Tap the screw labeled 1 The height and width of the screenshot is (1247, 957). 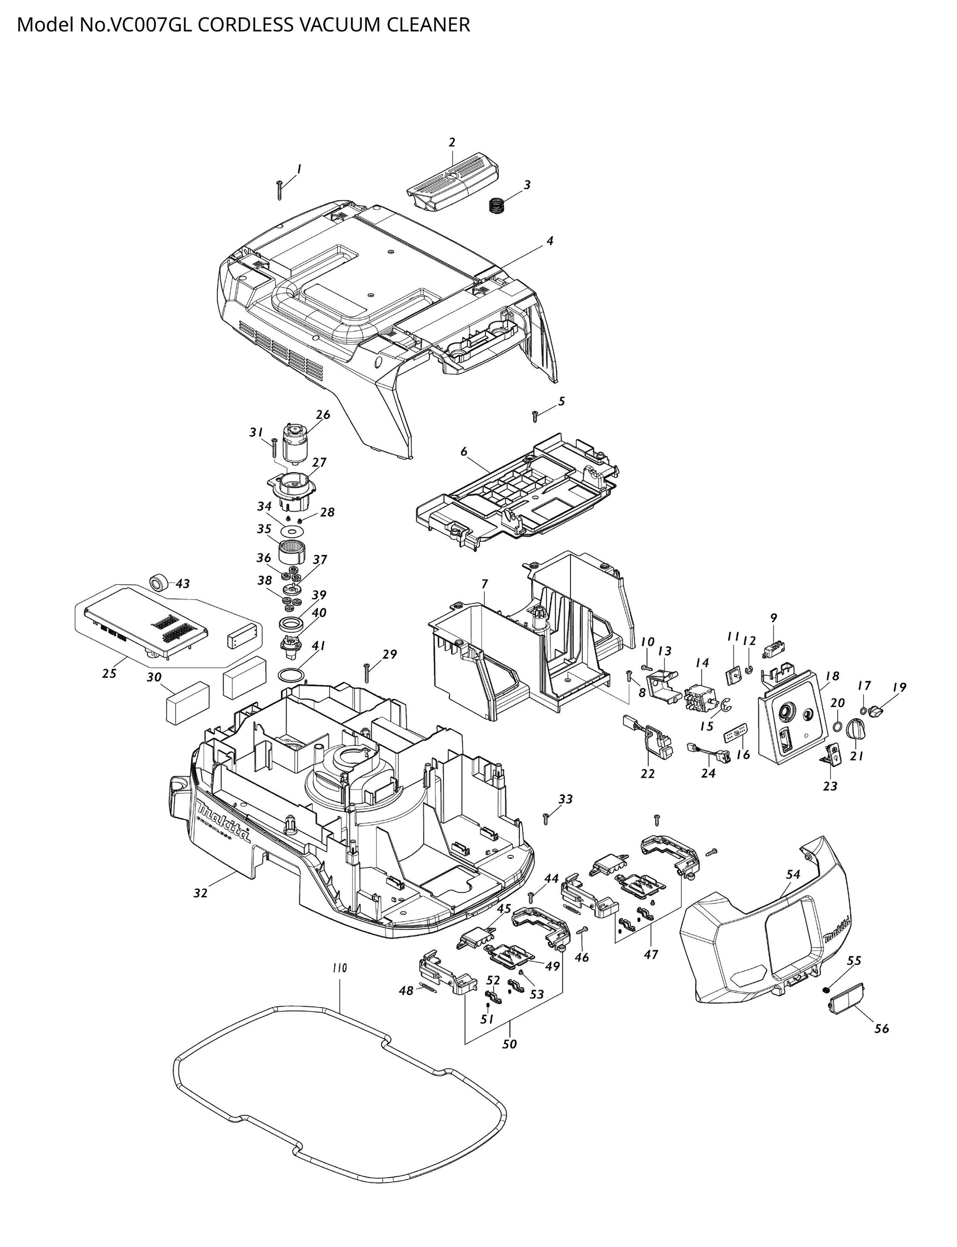[x=279, y=190]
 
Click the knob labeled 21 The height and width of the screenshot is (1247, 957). [x=856, y=730]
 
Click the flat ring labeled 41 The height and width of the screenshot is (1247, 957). [x=292, y=675]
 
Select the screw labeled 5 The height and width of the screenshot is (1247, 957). [x=535, y=417]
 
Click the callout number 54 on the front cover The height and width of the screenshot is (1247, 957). [x=794, y=875]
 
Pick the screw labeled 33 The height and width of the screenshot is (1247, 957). [x=546, y=818]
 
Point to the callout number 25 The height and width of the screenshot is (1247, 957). [x=109, y=673]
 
